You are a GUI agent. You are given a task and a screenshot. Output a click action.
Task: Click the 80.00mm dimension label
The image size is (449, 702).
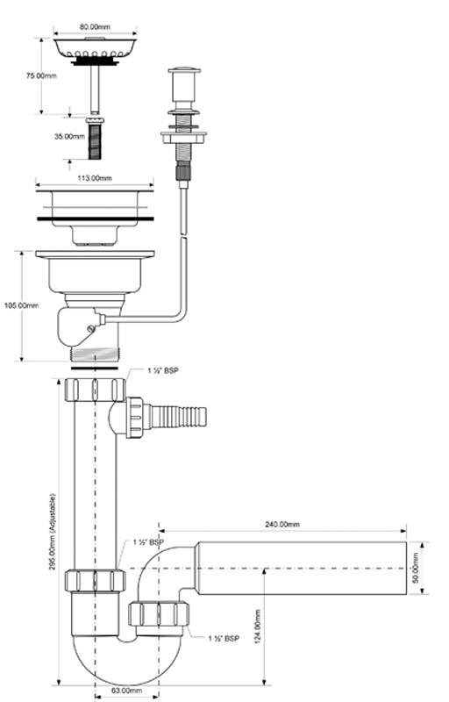95,26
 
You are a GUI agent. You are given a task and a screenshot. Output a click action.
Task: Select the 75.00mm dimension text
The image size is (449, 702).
41,75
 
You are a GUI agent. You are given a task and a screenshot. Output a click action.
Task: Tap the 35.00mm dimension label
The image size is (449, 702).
70,136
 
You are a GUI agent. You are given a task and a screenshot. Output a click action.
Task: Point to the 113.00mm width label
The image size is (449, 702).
95,178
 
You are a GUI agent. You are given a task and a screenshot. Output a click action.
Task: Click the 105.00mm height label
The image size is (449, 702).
21,305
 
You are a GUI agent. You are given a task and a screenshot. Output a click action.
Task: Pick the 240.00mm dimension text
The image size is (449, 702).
282,524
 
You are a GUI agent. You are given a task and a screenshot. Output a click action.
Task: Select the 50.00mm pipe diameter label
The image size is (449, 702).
416,568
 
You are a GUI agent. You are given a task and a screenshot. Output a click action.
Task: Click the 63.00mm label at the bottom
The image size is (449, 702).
126,691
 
